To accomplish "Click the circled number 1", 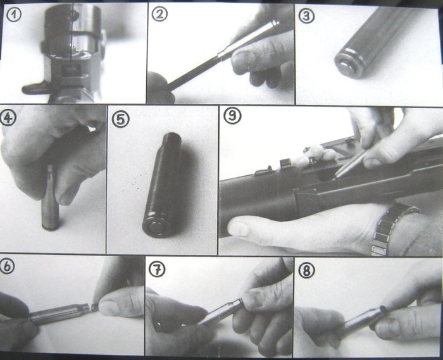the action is point(13,15).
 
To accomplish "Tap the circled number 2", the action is point(159,14).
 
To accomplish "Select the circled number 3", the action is point(306,16).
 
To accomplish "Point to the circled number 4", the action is point(8,118).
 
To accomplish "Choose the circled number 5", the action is point(121,120).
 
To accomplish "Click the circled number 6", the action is point(8,266).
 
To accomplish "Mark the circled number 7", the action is point(156,270).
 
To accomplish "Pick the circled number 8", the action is point(306,270).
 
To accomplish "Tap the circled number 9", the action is point(232,116).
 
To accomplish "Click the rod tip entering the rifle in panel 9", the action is point(335,177).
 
